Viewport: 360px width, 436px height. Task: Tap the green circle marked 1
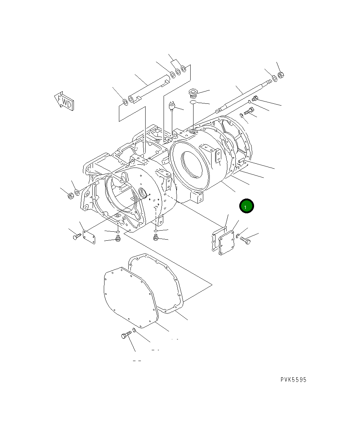[246, 206]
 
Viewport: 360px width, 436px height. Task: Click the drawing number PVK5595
[294, 380]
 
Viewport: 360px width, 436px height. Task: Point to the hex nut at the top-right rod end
[282, 75]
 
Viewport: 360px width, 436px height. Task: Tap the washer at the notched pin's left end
[125, 102]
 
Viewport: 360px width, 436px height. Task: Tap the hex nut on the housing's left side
[71, 196]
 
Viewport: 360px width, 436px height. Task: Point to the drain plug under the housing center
[156, 237]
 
